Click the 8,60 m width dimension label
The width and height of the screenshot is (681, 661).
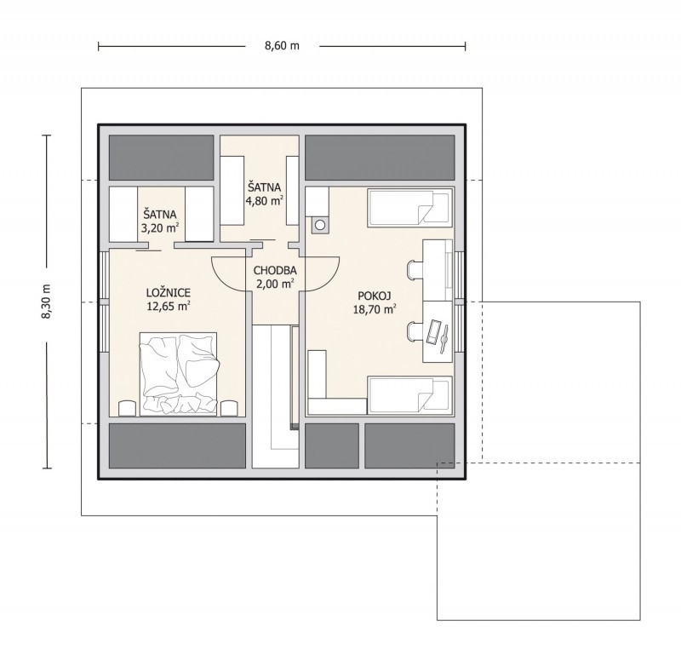coord(282,46)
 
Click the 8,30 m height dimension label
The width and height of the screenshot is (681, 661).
coord(47,302)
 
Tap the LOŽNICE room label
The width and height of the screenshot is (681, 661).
coord(169,293)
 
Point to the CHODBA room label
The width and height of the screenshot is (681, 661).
coord(275,270)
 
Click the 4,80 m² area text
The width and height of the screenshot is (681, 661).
coord(265,201)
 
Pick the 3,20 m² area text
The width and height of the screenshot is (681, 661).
coord(160,227)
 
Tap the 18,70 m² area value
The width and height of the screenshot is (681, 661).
coord(375,309)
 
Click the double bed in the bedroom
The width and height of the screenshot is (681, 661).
coord(179,374)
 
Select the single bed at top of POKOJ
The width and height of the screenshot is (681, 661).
coord(409,208)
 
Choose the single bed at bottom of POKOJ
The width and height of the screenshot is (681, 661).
coord(409,395)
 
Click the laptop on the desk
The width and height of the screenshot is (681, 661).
coord(434,332)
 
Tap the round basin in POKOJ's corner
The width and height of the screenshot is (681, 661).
coord(320,225)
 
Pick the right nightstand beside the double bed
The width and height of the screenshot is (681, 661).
coord(229,408)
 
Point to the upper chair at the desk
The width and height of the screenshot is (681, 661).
coord(415,269)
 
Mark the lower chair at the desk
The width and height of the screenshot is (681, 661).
coord(415,331)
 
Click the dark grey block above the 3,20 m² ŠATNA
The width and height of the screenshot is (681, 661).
coord(161,158)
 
